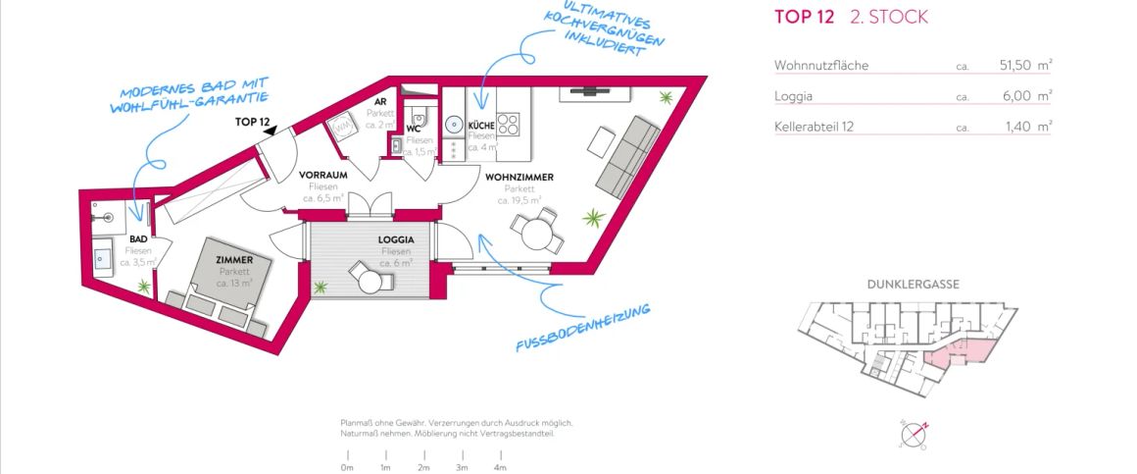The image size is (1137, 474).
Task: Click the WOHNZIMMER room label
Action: [519, 178]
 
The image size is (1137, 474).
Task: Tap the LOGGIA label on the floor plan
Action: [396, 239]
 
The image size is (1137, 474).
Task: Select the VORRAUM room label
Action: [322, 175]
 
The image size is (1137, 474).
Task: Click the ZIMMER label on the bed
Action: [234, 260]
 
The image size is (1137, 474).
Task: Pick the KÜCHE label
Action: [480, 126]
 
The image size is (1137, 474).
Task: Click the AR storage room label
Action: [379, 101]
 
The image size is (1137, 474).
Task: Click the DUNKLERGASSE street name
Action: [913, 285]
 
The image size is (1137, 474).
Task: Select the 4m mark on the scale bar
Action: [500, 467]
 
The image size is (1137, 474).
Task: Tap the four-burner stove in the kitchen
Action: [509, 125]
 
